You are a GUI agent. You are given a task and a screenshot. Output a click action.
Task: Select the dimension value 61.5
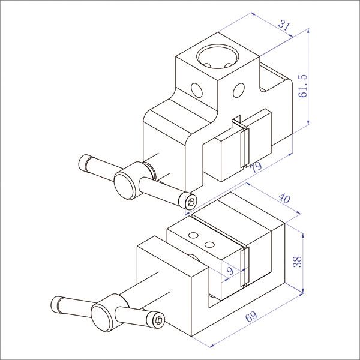click(302, 86)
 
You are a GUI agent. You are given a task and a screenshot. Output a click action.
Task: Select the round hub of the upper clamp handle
click(127, 184)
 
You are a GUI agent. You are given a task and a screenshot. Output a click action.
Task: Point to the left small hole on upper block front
click(197, 90)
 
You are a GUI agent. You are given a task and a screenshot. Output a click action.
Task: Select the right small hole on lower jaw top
click(209, 245)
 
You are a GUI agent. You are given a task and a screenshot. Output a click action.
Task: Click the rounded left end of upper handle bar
click(84, 162)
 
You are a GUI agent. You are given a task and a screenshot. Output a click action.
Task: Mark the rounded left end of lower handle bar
click(58, 303)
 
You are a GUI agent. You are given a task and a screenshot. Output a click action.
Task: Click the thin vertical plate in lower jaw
click(243, 267)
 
